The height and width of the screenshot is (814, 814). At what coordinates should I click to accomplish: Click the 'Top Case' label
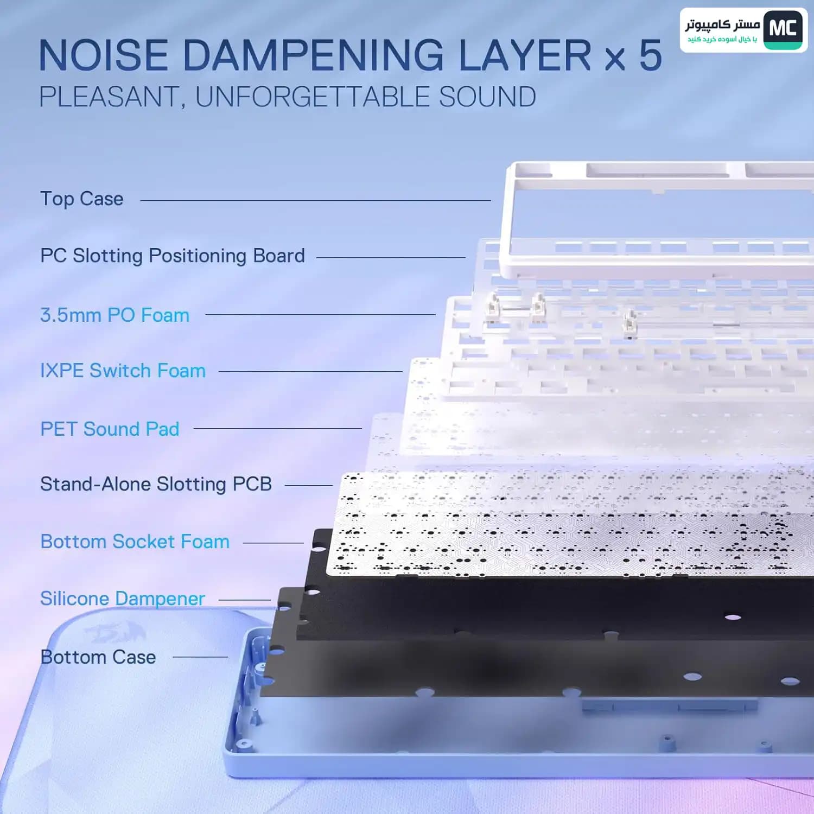[82, 199]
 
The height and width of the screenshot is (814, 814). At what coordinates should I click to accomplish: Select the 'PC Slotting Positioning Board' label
[173, 256]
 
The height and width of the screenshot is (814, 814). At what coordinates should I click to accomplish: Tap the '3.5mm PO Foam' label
[115, 315]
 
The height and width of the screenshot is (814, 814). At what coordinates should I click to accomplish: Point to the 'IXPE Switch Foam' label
[123, 371]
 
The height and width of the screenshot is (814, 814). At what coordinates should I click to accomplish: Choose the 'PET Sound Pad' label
[110, 429]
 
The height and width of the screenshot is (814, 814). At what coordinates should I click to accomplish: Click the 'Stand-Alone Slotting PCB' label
[156, 484]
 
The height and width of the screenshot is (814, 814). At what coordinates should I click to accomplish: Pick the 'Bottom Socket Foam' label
[135, 542]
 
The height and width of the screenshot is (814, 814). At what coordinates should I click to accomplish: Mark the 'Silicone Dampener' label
[123, 599]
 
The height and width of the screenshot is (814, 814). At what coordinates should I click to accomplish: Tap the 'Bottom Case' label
[98, 657]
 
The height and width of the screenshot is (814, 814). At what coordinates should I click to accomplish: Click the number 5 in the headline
[650, 55]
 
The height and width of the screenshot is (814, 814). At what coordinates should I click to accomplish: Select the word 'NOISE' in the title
[104, 55]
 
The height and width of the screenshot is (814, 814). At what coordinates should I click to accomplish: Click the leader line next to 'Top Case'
[315, 200]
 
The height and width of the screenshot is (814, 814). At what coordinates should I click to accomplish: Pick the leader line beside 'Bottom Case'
[200, 657]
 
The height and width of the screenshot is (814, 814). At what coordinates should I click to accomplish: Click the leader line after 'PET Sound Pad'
[278, 428]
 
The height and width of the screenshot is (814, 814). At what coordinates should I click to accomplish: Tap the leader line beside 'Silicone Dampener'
[245, 600]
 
